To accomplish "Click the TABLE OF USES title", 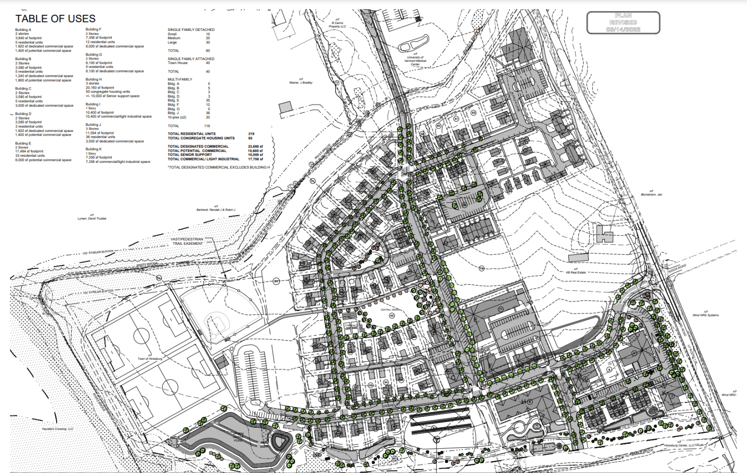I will tap(55, 19).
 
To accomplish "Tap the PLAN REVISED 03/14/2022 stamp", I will tap(623, 22).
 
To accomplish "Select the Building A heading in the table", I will tap(23, 30).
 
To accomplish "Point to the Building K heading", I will tap(93, 149).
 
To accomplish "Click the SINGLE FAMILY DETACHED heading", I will tap(191, 30).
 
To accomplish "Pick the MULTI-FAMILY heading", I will tap(180, 79).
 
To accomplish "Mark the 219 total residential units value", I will tap(251, 134).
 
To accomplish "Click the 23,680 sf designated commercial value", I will tap(255, 146).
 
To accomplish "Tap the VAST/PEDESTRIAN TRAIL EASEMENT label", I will tap(187, 241).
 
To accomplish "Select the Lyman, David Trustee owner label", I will tap(92, 218).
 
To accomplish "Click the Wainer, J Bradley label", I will tap(301, 81).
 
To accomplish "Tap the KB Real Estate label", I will tap(575, 272).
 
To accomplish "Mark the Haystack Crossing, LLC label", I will tap(58, 429).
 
